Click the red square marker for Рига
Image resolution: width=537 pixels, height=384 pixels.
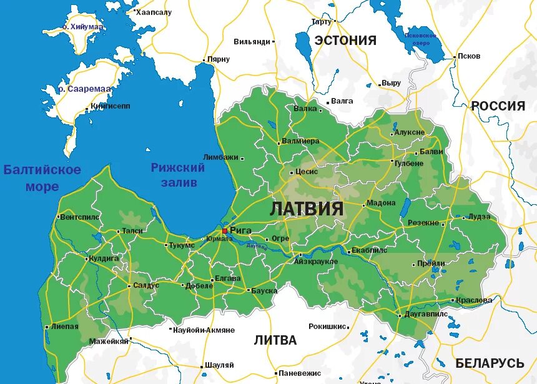point(225,231)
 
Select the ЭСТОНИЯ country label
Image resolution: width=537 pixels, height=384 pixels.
point(345,41)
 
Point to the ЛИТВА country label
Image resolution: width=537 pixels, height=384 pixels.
point(275,340)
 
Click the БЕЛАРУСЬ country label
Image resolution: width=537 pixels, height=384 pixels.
point(489,363)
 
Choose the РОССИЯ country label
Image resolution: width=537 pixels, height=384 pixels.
point(498,106)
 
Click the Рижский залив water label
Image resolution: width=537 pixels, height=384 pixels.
point(178,175)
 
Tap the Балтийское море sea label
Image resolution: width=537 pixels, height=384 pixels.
point(42,178)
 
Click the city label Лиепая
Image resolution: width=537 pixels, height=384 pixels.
point(66,326)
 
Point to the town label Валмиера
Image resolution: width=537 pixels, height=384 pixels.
point(300,141)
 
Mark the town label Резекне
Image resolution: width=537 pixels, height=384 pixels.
point(425,223)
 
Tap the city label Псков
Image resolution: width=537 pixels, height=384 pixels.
point(469,56)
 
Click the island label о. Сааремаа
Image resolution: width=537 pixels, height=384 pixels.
point(85,89)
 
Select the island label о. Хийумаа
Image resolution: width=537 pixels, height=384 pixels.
point(82,27)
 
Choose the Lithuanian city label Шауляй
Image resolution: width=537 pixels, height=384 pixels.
point(219,365)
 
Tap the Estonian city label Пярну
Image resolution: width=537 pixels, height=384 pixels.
point(219,59)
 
